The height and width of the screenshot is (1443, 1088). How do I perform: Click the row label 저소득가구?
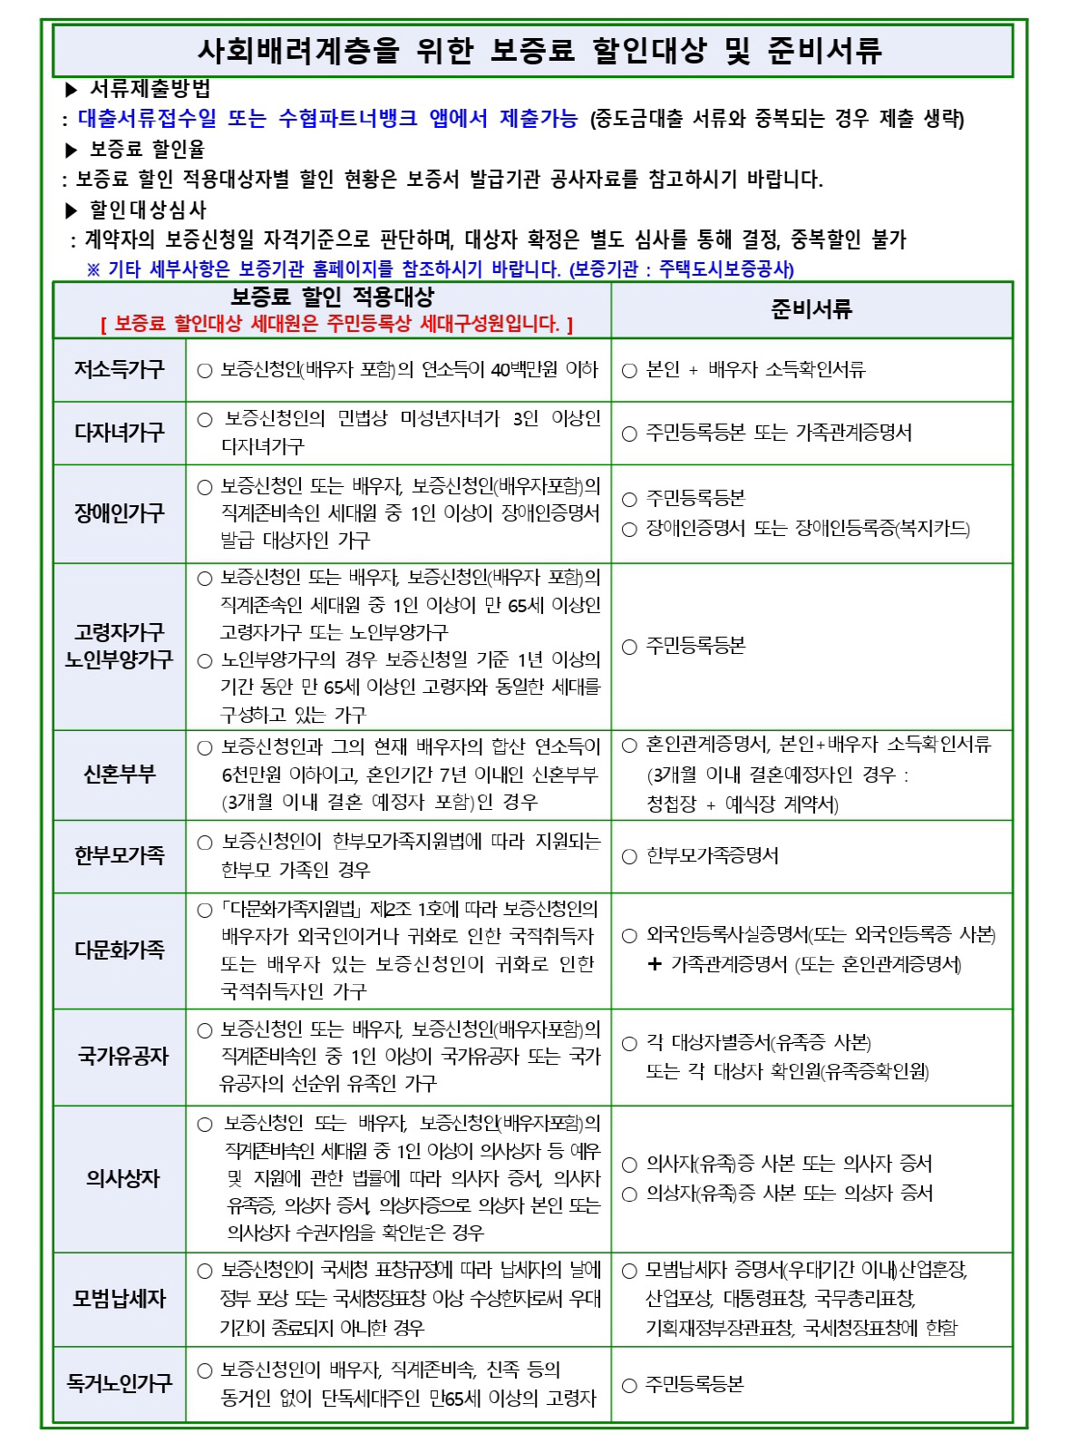[x=120, y=370]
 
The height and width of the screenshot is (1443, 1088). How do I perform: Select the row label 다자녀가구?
[x=120, y=433]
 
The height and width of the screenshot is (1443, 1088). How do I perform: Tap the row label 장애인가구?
[x=120, y=513]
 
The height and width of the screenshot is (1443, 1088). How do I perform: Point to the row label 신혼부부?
[x=120, y=775]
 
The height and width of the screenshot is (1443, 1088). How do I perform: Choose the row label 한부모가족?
[x=120, y=855]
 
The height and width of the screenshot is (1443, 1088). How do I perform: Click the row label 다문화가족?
[x=120, y=950]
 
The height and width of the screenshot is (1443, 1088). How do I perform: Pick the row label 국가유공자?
[x=122, y=1056]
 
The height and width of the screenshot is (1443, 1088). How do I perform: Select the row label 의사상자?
[x=122, y=1178]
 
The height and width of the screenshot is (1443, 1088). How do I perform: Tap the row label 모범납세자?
[x=120, y=1299]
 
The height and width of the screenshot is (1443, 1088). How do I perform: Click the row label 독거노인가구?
[x=120, y=1383]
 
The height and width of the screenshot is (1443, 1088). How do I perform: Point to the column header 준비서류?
[x=811, y=310]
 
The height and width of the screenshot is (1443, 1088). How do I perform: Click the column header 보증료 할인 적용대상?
[x=333, y=297]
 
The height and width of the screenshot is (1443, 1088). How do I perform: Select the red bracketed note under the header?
[x=336, y=324]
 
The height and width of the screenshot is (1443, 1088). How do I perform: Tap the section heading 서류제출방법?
[x=151, y=89]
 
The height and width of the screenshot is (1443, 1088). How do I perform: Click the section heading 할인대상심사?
[x=148, y=210]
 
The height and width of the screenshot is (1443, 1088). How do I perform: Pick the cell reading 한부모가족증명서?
[x=712, y=856]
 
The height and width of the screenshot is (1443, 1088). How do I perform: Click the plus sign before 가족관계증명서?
[x=655, y=964]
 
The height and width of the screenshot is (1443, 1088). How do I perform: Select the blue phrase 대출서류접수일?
[x=147, y=119]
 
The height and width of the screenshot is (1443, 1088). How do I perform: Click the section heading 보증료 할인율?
[x=147, y=150]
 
